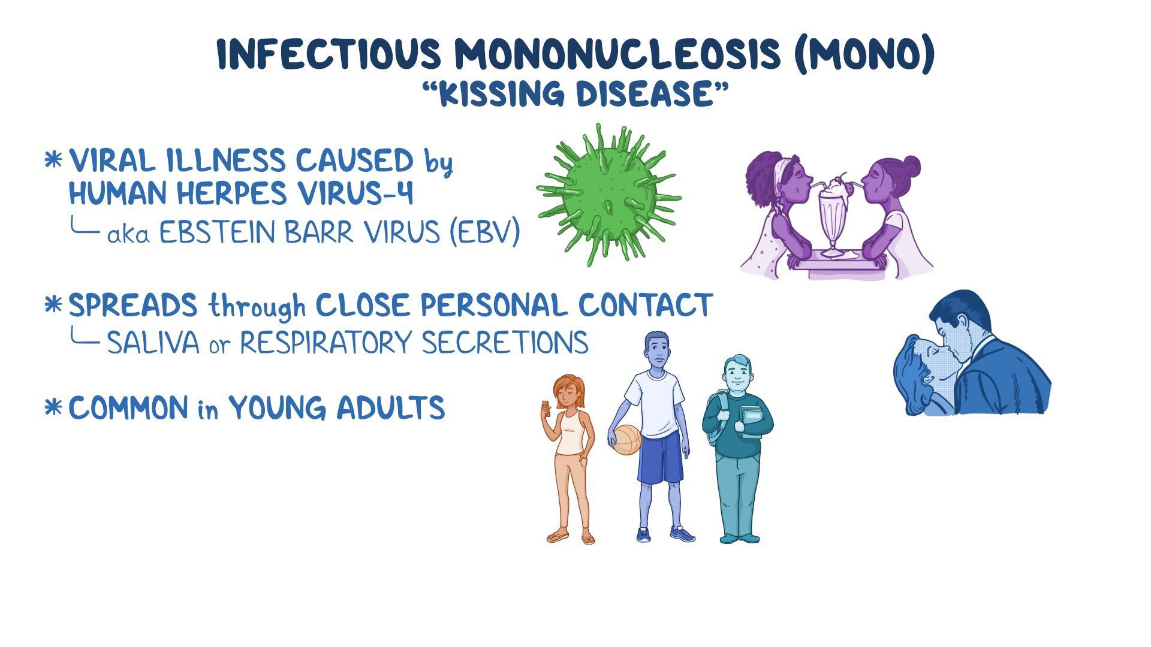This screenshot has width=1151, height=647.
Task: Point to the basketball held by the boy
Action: tap(627, 440)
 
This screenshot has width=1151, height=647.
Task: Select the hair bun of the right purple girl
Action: tap(911, 164)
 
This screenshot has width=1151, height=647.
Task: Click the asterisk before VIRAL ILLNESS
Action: tap(53, 161)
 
